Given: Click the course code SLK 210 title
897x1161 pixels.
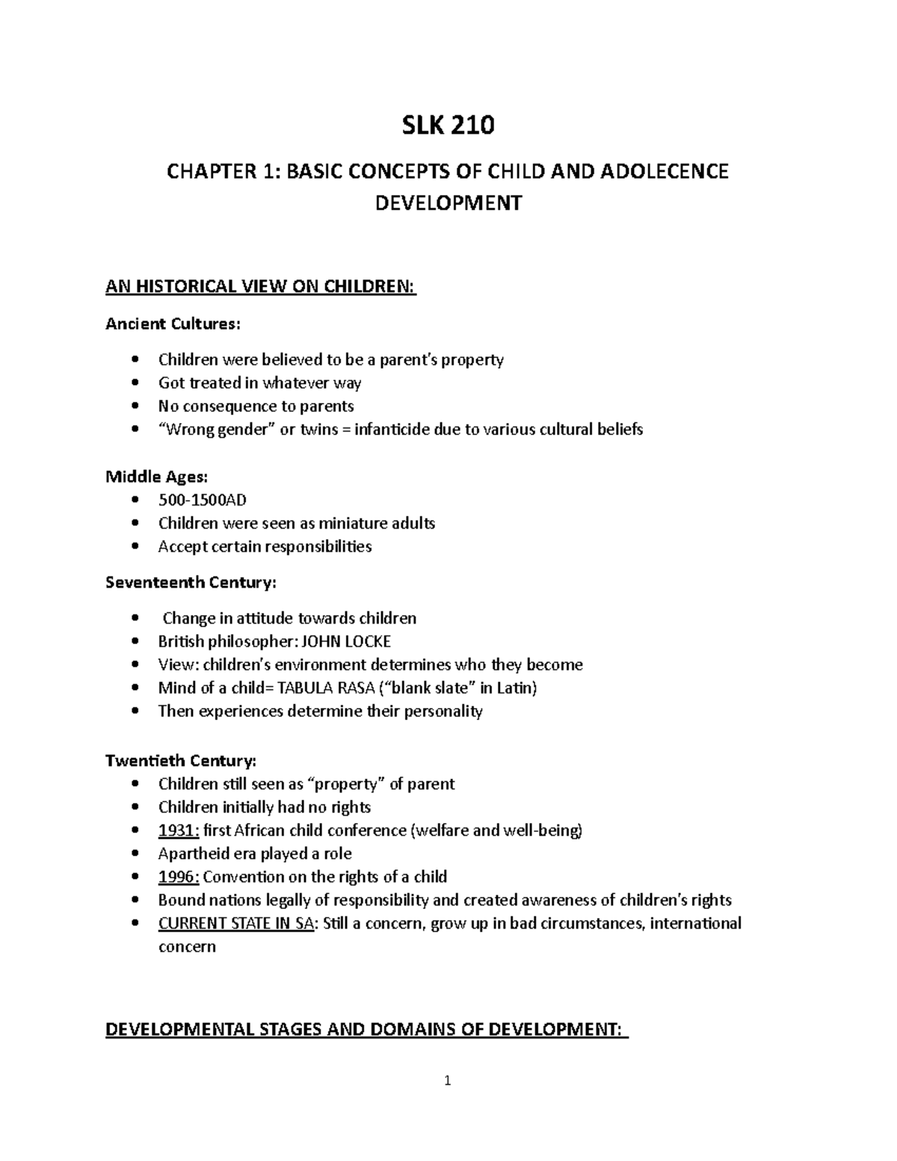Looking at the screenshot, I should (x=448, y=126).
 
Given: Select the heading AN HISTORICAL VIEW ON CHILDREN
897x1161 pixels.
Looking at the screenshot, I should (x=260, y=286).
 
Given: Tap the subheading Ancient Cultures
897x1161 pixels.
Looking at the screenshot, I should (x=173, y=324).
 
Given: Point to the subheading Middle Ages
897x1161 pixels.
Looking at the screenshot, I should (x=157, y=477).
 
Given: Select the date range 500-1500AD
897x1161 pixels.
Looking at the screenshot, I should (x=202, y=500).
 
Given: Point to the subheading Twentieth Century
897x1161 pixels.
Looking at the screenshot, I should (x=181, y=761).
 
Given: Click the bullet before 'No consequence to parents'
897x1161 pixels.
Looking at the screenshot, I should (x=135, y=406).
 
